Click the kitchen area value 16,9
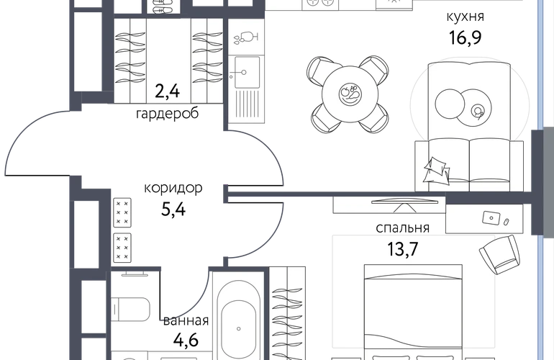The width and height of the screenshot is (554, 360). pyautogui.click(x=465, y=37)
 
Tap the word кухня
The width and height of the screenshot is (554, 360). pyautogui.click(x=465, y=17)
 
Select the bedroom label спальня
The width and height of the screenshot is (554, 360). pyautogui.click(x=402, y=228)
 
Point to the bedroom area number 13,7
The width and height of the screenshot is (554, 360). pyautogui.click(x=403, y=249)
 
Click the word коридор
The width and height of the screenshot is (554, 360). pyautogui.click(x=173, y=188)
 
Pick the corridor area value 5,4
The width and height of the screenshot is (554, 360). pyautogui.click(x=173, y=210)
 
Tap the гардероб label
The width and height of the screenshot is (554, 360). pyautogui.click(x=167, y=114)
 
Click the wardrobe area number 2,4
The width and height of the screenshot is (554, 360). pyautogui.click(x=168, y=91)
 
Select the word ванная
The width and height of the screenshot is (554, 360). pyautogui.click(x=186, y=321)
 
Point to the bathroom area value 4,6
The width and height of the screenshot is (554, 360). pyautogui.click(x=186, y=340)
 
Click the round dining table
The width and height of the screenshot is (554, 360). pyautogui.click(x=350, y=94)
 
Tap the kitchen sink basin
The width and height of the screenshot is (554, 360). pyautogui.click(x=247, y=72)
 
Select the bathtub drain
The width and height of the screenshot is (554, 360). pyautogui.click(x=239, y=329)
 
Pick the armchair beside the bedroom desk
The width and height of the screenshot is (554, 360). pyautogui.click(x=499, y=254)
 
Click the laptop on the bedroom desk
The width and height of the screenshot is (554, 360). pyautogui.click(x=491, y=218)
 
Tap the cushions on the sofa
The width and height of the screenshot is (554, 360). pyautogui.click(x=437, y=170)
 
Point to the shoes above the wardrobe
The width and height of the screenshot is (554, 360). pyautogui.click(x=163, y=6)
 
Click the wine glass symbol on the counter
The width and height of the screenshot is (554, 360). pyautogui.click(x=246, y=37)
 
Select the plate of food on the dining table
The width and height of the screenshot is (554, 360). pyautogui.click(x=350, y=94)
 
